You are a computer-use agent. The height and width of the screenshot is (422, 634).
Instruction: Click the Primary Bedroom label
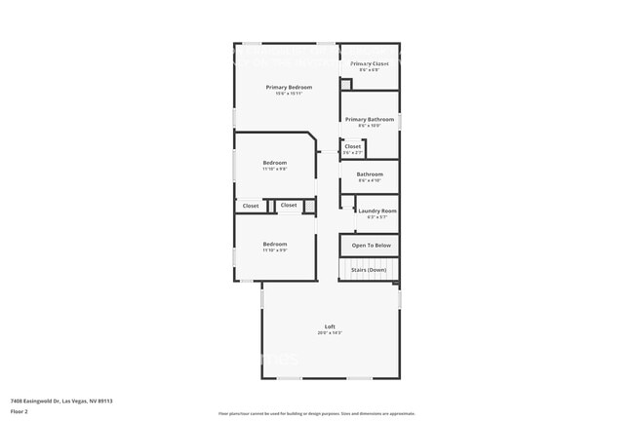click(289, 87)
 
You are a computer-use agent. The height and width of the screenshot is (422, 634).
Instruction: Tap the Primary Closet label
click(370, 63)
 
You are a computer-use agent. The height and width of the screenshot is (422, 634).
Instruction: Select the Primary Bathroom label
click(370, 119)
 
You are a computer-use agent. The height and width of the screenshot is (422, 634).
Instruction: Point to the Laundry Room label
click(376, 211)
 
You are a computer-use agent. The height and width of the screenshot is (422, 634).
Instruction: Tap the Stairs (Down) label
click(370, 269)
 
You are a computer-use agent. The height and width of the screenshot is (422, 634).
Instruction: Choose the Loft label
click(330, 326)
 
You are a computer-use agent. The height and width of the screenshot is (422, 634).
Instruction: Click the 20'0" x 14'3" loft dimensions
click(330, 333)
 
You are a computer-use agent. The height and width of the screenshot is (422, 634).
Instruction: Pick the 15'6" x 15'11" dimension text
click(289, 94)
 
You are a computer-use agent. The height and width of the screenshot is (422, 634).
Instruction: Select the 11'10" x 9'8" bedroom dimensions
click(275, 170)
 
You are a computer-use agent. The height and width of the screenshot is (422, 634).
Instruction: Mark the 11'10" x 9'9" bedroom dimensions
click(275, 250)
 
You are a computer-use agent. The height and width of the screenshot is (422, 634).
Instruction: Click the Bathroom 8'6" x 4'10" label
click(370, 175)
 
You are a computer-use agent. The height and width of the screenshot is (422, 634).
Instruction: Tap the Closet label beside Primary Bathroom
click(353, 146)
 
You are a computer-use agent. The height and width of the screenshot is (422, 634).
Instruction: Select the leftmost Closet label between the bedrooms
click(251, 206)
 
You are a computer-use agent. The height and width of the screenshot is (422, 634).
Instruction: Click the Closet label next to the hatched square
click(289, 205)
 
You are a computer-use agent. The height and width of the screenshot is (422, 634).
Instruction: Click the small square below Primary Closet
click(345, 85)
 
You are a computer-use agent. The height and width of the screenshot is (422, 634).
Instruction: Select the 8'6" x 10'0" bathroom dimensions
click(370, 126)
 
